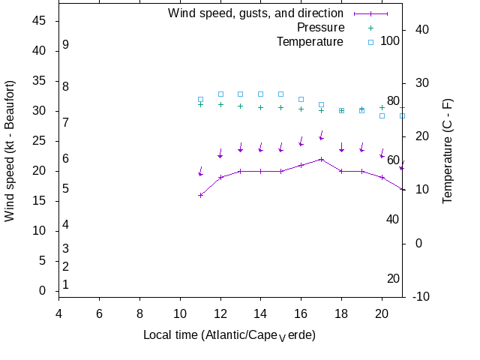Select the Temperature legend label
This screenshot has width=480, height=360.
coord(310,42)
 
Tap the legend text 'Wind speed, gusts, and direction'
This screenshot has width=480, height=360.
coord(255,13)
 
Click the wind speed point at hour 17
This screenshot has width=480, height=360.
coord(321,159)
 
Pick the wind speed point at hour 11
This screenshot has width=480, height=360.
coord(200,195)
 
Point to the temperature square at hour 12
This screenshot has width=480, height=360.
coord(220,94)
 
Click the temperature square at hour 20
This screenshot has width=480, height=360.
coord(382,115)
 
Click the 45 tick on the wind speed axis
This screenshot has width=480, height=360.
coord(40,21)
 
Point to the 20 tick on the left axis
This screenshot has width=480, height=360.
coord(40,171)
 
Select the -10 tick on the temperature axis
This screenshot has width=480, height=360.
coord(421,297)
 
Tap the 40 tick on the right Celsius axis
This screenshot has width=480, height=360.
coord(421,29)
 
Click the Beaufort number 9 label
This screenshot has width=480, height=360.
coord(66,45)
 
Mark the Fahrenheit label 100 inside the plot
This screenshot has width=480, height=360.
coord(390,40)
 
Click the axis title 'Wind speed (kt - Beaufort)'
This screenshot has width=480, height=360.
coord(10,150)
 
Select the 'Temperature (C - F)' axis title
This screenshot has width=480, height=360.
coord(448,151)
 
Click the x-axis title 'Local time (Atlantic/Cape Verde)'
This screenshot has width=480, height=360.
coord(229,334)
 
